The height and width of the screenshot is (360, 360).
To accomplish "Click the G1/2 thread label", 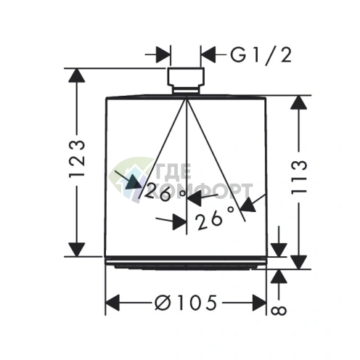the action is click(x=261, y=56).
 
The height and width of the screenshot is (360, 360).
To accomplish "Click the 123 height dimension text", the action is click(x=78, y=159).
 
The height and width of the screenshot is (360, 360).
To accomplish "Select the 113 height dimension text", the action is click(x=299, y=177).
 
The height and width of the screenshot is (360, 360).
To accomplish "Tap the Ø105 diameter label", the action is click(x=186, y=303).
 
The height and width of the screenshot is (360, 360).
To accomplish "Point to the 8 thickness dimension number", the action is click(x=279, y=311).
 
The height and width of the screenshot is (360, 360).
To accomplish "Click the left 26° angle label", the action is click(x=165, y=192).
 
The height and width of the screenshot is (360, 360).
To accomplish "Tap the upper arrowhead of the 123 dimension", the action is click(x=77, y=76).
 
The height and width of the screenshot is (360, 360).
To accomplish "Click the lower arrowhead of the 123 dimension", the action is click(x=77, y=250).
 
